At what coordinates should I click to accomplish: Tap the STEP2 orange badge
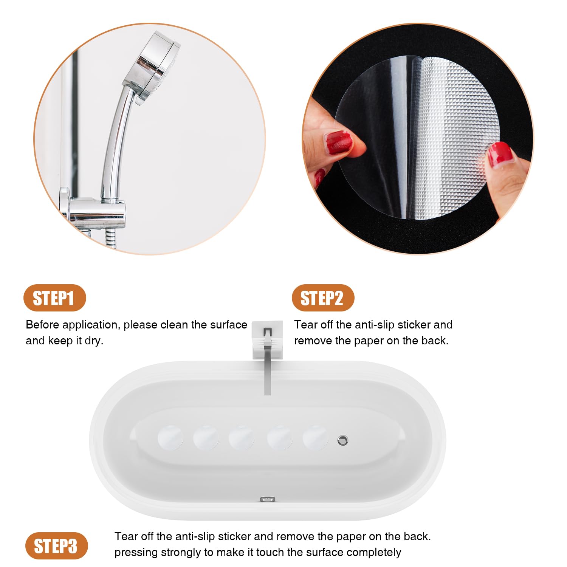[323, 298]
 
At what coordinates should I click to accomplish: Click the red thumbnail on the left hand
[339, 143]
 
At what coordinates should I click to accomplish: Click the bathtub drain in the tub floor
[342, 440]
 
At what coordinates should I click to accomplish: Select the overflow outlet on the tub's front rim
[268, 500]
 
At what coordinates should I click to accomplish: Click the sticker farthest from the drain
[170, 437]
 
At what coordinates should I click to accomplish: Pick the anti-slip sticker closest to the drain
[316, 437]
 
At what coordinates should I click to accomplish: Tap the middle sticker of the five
[242, 437]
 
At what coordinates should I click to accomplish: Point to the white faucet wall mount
[268, 340]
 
